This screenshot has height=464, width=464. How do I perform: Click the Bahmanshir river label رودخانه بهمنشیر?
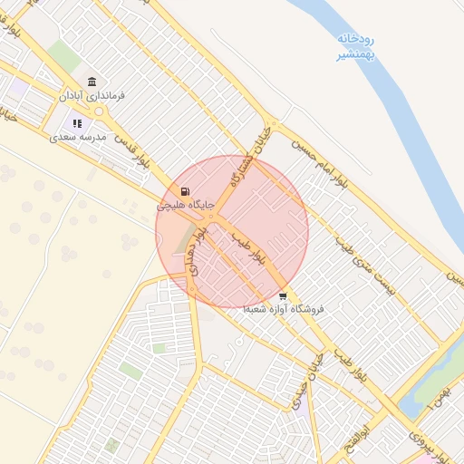click(355, 46)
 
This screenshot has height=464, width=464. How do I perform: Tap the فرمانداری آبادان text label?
click(92, 95)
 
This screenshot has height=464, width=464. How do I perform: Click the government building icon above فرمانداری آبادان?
click(92, 82)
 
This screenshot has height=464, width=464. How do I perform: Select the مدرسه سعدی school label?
click(78, 136)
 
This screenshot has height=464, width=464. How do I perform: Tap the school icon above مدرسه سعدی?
click(78, 123)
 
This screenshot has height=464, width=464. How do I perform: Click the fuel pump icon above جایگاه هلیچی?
click(186, 192)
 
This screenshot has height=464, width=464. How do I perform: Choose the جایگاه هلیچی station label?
click(186, 206)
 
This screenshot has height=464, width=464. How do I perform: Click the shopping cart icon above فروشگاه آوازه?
click(283, 295)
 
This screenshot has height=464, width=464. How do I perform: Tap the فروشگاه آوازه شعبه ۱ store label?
click(284, 309)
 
